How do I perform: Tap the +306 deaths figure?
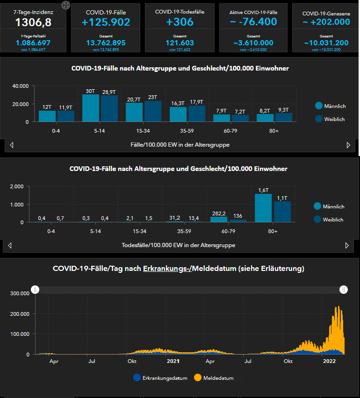(x=180, y=21)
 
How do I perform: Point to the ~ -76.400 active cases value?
(x=253, y=21)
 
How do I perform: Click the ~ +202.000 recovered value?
(x=326, y=21)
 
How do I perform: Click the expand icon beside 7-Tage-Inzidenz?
(x=66, y=5)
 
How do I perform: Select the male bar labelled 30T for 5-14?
(x=91, y=108)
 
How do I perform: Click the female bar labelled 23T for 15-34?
(x=153, y=111)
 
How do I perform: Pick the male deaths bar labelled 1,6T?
(x=263, y=208)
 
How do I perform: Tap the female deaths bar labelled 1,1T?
(x=282, y=212)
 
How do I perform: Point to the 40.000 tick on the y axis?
(x=21, y=86)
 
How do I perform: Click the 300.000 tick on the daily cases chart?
(x=20, y=293)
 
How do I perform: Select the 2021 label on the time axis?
(x=173, y=361)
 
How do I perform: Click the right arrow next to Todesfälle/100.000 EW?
(x=346, y=245)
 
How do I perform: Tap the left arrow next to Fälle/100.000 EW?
(x=12, y=145)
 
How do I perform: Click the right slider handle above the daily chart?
(x=344, y=290)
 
